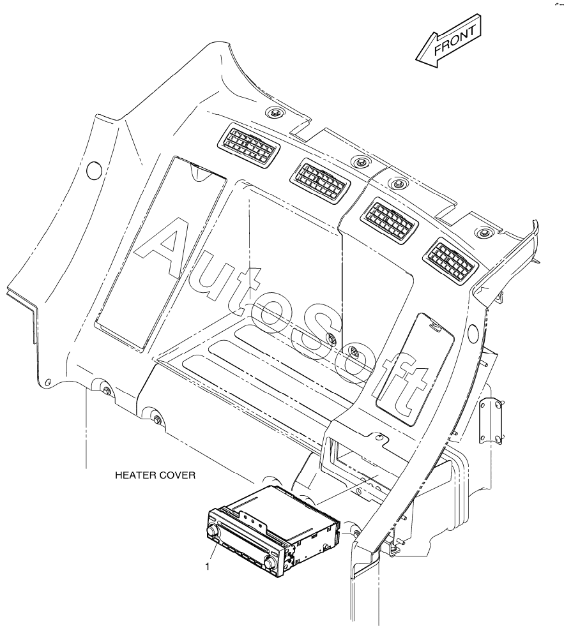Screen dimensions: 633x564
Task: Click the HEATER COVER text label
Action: (x=155, y=476)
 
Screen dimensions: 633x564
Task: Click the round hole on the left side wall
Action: (x=94, y=170)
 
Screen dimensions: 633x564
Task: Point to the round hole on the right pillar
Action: (x=473, y=331)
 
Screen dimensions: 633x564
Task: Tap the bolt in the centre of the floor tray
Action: (x=332, y=339)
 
